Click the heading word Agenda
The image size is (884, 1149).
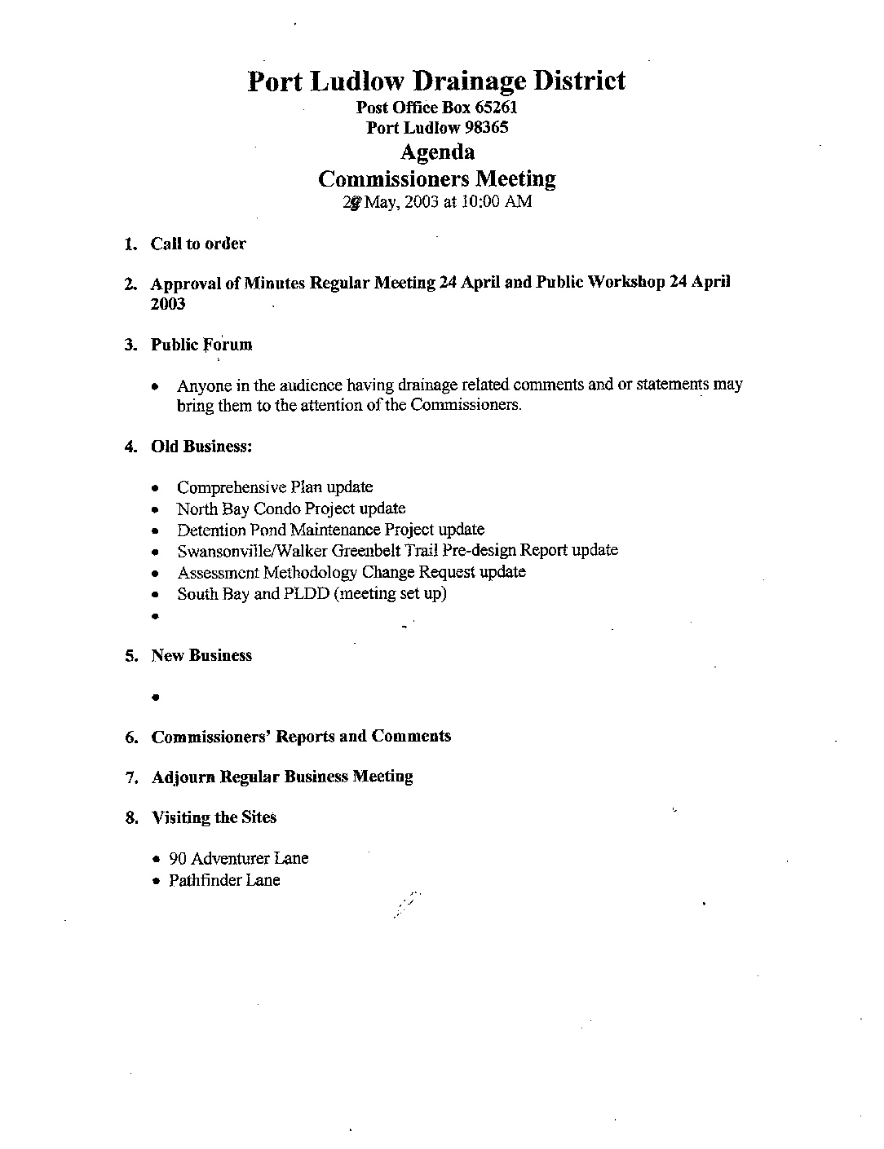click(x=437, y=152)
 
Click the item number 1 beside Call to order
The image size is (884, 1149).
click(x=130, y=244)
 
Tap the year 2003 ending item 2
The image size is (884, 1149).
click(x=168, y=304)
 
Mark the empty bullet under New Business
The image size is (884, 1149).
click(x=155, y=698)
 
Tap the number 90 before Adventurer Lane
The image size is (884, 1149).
click(x=178, y=859)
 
